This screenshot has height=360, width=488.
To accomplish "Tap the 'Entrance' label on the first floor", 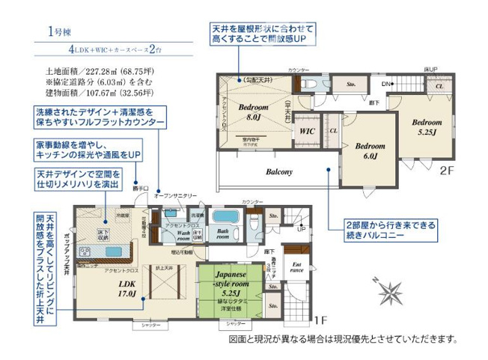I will (296, 267).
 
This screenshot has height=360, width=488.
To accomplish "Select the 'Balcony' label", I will (278, 171).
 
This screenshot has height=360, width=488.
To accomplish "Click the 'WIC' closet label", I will (306, 132).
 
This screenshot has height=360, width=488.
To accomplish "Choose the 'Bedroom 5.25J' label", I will (426, 126).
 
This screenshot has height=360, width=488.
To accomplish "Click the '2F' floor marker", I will (446, 170).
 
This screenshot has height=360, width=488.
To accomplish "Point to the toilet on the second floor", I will (307, 83).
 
